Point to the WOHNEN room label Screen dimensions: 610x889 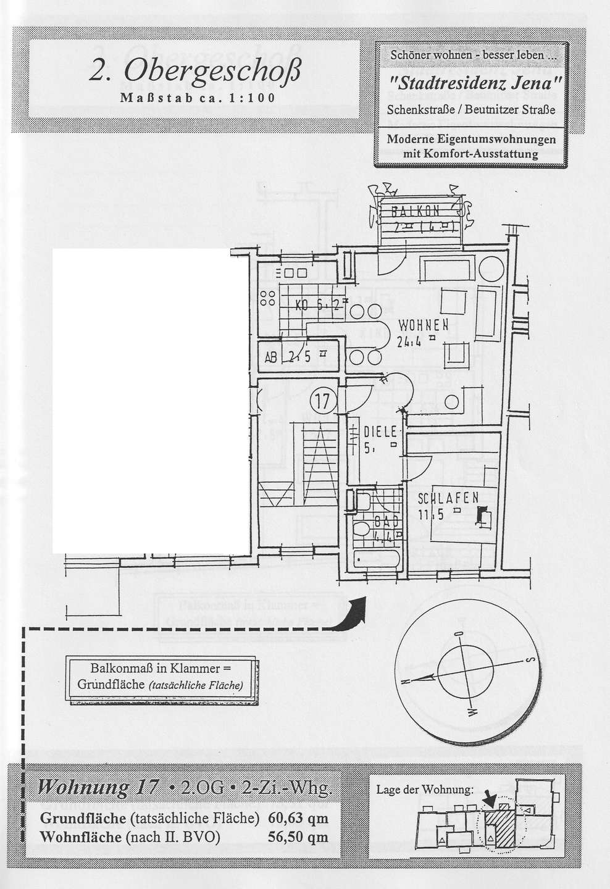[423, 325]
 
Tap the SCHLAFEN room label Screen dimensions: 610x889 [448, 498]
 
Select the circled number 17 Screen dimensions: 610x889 [322, 402]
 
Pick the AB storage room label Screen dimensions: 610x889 [270, 356]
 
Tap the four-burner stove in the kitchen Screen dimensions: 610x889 [267, 299]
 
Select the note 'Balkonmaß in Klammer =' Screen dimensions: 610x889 [160, 669]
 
